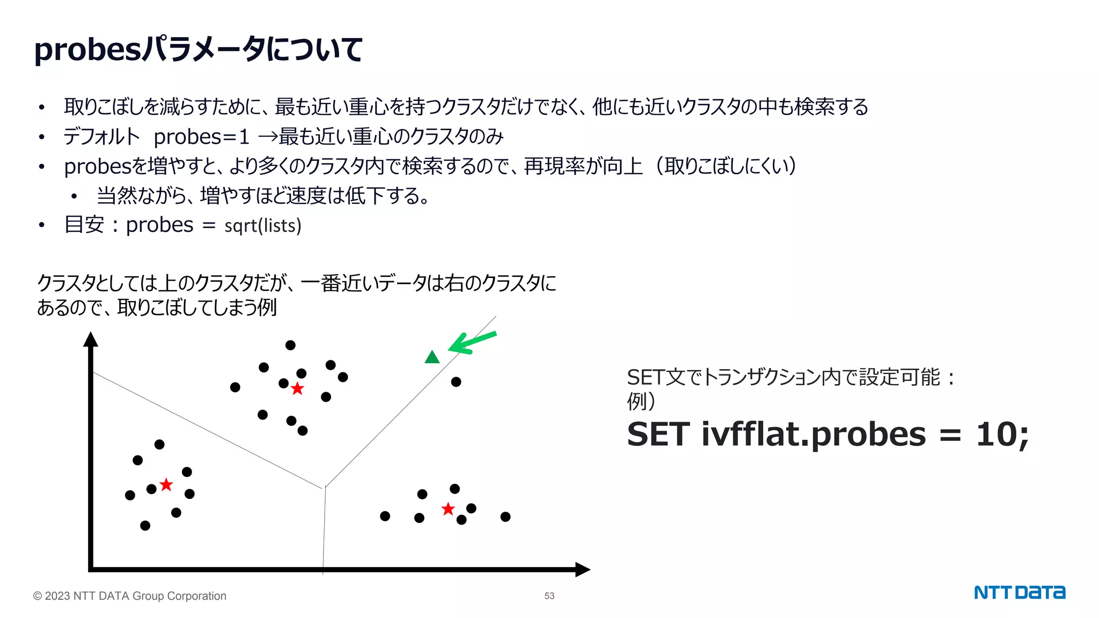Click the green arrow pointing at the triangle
pos(472,343)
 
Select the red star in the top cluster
pos(297,389)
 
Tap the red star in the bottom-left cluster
pos(166,485)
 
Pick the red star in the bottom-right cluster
pos(448,509)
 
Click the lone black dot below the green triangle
pos(456,382)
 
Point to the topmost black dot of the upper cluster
pos(290,345)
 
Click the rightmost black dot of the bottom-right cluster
pos(505,517)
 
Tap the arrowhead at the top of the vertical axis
pos(91,340)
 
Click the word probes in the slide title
pos(87,50)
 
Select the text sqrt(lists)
pos(263,226)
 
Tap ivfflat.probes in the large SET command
pos(814,434)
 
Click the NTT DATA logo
pos(1019,592)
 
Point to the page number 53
pos(549,596)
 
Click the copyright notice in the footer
pos(130,596)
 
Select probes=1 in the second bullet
pos(201,137)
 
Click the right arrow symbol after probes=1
pos(268,137)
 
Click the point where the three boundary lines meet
pos(324,487)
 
